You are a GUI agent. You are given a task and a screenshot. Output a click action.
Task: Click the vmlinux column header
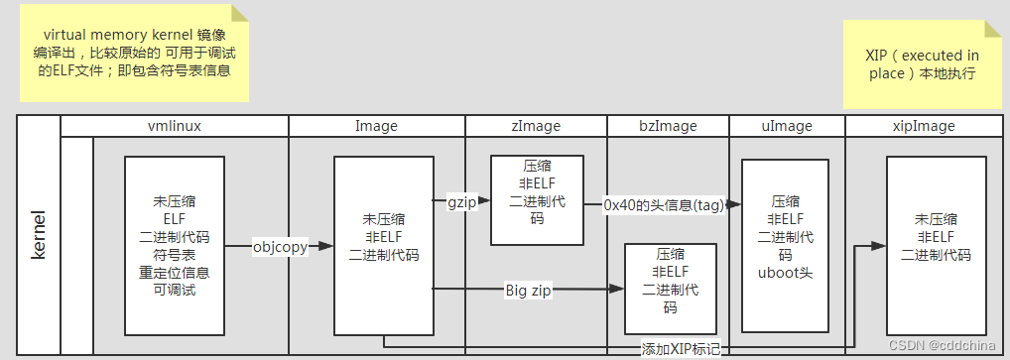(x=174, y=126)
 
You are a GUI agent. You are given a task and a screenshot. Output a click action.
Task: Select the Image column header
(x=376, y=126)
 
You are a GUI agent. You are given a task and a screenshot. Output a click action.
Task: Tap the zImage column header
(x=536, y=126)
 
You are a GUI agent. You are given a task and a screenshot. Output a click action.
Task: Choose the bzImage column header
(x=668, y=126)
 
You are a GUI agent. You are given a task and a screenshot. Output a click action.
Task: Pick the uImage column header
(x=786, y=126)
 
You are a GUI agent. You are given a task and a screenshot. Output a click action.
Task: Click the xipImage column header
(x=924, y=126)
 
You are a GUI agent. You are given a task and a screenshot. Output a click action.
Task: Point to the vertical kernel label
(x=40, y=235)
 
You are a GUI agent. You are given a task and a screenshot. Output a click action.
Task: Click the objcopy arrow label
(x=280, y=247)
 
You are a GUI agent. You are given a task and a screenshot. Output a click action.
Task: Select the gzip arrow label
(x=461, y=200)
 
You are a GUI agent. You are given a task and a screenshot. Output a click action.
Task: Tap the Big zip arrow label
(x=529, y=290)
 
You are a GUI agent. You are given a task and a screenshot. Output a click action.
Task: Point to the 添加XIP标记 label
(x=680, y=349)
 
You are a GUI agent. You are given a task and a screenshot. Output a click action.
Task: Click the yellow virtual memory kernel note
(x=133, y=53)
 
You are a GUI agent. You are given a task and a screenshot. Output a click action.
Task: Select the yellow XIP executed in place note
(x=921, y=64)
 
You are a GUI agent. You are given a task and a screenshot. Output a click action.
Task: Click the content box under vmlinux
(x=175, y=246)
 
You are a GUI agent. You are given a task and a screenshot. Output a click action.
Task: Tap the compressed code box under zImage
(x=537, y=199)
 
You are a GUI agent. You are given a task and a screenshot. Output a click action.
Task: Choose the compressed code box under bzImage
(x=670, y=289)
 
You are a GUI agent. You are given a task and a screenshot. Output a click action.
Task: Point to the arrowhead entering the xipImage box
(x=880, y=244)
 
